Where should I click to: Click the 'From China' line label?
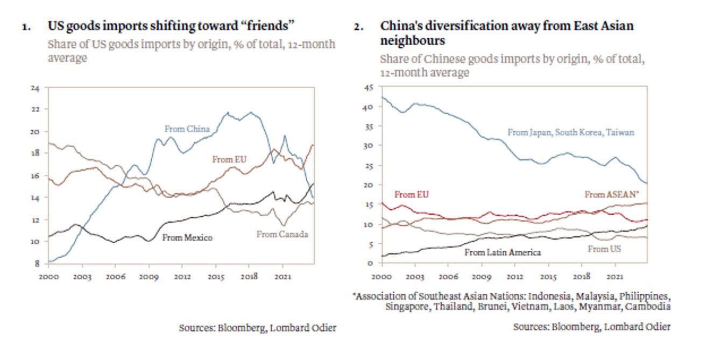[x=187, y=129]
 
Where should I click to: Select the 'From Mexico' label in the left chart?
[x=187, y=237]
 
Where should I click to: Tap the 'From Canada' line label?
[x=282, y=234]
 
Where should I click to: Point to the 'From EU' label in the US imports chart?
[x=230, y=159]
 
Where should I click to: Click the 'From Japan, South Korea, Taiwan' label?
[x=570, y=132]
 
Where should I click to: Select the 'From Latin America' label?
[x=503, y=252]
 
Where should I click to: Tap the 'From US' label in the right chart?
[x=604, y=249]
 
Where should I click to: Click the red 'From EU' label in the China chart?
[x=412, y=195]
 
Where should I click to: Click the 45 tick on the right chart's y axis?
[x=369, y=87]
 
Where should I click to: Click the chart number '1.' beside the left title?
[x=26, y=26]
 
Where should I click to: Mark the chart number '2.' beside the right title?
[x=359, y=26]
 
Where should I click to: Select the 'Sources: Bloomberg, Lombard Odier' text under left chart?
[x=257, y=328]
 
